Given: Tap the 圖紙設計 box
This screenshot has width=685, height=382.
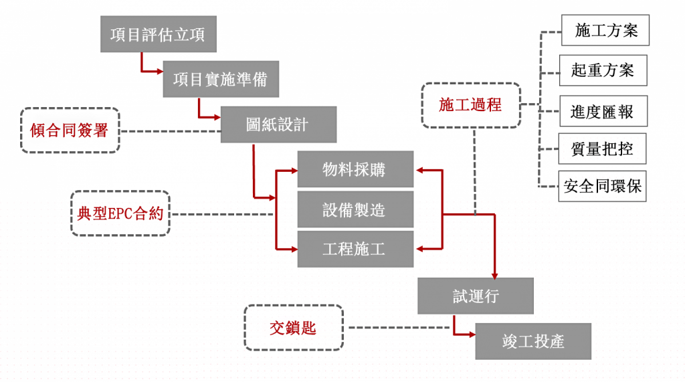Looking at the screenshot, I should point(278,124).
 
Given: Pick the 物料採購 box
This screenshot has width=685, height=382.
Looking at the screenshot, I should point(355,170).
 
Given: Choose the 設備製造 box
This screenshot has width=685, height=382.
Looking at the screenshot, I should point(355,209).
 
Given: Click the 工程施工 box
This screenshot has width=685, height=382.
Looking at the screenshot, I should point(355,250).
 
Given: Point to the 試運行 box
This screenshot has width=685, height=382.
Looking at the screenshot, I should point(475,296).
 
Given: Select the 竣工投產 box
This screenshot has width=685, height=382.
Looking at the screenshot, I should point(533,341).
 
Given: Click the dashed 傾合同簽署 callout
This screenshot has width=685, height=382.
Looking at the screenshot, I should point(70,130).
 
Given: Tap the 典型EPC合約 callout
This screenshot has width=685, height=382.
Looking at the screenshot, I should point(120,214).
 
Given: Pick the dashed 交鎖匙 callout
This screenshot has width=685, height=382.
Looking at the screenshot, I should point(294,328).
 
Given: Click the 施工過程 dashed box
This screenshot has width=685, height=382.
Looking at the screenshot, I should point(471,105).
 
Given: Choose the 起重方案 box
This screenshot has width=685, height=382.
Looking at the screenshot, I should point(603,70).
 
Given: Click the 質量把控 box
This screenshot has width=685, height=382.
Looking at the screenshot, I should point(603,149).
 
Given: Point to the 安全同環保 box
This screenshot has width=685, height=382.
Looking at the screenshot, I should point(603,187).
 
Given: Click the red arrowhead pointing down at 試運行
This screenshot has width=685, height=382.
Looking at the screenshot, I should point(495,274).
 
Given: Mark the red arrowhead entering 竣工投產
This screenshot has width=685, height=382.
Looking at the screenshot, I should point(472,333).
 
